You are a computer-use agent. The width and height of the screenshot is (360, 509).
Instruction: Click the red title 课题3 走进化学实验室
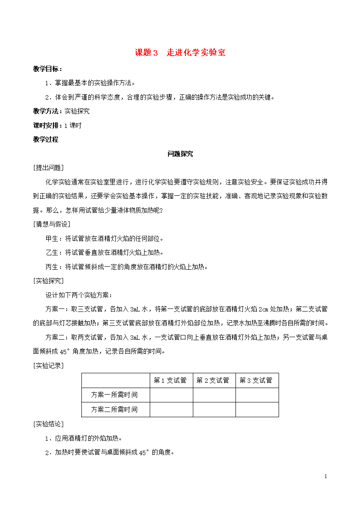[180, 53]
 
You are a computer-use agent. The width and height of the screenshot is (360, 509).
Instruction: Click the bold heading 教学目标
[47, 69]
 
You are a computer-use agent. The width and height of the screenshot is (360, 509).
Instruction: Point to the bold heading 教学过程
[45, 140]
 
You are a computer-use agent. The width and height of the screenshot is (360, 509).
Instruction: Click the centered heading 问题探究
[180, 154]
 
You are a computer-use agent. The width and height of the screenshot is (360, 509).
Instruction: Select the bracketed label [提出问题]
[48, 167]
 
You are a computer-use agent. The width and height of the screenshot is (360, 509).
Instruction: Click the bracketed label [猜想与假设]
[51, 224]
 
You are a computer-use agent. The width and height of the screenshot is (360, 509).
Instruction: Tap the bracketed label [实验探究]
[48, 280]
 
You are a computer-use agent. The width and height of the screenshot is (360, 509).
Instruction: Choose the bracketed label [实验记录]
[48, 365]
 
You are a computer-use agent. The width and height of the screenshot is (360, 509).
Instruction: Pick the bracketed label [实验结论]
[48, 424]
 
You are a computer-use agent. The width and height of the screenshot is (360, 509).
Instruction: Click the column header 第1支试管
[171, 381]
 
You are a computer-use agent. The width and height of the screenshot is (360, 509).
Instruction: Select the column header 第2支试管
[214, 381]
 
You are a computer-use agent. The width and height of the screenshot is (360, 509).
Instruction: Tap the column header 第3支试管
[257, 381]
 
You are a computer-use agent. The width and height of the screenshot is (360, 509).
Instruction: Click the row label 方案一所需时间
[115, 395]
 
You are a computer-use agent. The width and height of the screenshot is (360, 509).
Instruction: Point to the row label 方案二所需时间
[115, 409]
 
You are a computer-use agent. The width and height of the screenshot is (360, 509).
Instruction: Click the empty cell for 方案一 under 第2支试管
[214, 395]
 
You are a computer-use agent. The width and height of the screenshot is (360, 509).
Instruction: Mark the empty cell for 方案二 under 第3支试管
[257, 409]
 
